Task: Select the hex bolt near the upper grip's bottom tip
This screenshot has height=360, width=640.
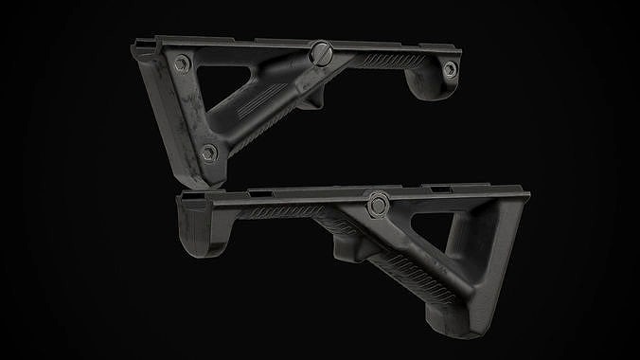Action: pyautogui.click(x=210, y=152)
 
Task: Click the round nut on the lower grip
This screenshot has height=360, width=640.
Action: pyautogui.click(x=378, y=202)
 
